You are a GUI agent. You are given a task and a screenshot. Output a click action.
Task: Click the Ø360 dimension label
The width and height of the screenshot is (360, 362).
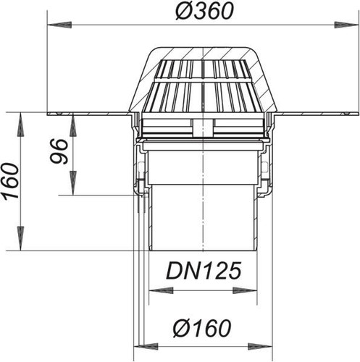(204, 12)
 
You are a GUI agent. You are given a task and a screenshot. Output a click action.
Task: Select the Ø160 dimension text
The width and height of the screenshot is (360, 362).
(202, 328)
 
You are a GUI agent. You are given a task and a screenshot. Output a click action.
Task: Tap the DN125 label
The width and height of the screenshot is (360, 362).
(204, 271)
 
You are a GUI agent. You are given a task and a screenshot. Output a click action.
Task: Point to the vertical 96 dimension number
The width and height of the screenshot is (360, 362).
(59, 151)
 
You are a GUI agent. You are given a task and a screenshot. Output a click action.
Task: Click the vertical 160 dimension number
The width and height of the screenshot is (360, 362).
(11, 181)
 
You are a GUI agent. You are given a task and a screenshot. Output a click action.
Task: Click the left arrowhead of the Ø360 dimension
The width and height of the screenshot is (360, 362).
(59, 25)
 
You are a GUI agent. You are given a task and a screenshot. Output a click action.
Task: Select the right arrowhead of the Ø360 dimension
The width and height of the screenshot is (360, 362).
(346, 25)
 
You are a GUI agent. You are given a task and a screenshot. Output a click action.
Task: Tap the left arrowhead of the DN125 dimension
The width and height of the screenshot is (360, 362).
(161, 290)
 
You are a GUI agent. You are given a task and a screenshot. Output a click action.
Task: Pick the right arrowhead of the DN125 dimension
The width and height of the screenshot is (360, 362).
(245, 290)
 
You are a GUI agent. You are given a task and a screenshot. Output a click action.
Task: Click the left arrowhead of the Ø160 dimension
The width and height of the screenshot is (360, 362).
(146, 346)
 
